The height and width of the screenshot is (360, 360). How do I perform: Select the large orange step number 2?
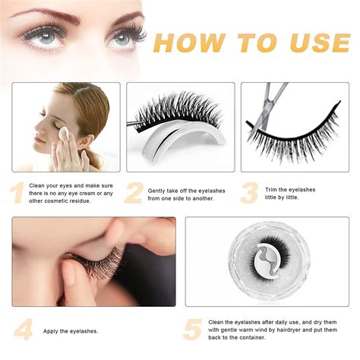(x=134, y=193)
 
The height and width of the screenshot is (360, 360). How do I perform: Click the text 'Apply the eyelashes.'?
(x=71, y=331)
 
